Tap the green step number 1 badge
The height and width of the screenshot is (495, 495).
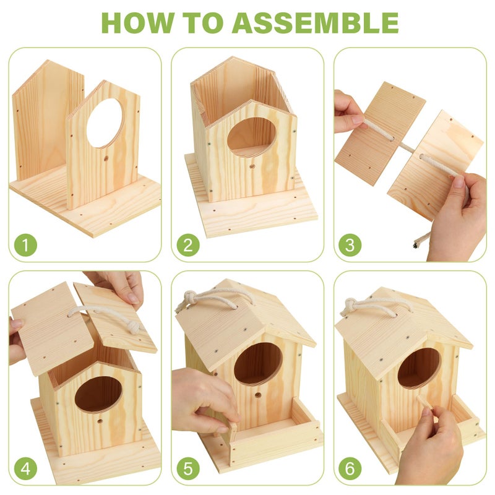26,245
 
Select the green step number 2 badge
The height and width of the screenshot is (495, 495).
188,245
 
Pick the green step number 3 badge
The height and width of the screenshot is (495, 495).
350,245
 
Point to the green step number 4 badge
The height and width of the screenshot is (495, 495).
26,468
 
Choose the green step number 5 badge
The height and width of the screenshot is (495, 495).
188,468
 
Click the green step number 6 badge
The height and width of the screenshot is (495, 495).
350,468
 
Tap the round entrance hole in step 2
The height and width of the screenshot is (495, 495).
251,137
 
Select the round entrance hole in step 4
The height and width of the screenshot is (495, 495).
98,394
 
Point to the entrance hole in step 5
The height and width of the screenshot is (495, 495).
257,363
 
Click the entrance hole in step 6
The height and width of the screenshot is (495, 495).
419,368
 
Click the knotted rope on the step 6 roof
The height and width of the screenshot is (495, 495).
350,306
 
